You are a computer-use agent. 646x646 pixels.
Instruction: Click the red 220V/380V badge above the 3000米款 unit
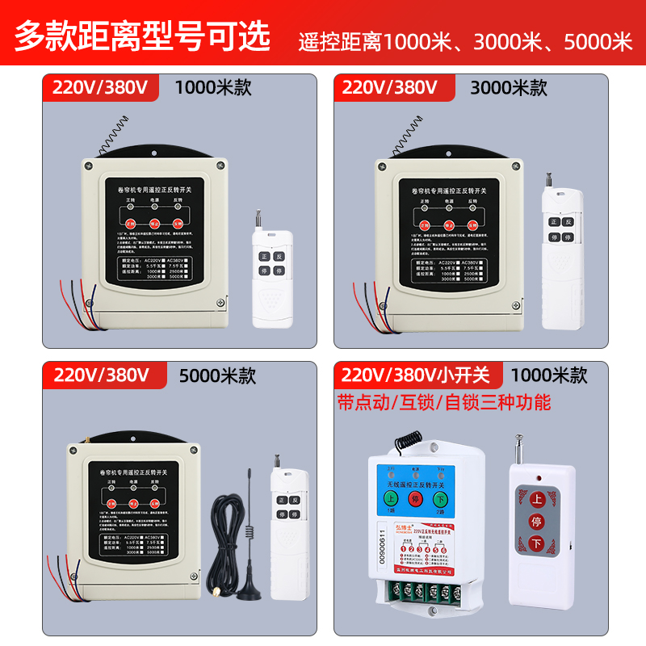tap(390, 86)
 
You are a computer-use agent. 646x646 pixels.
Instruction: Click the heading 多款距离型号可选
tap(141, 36)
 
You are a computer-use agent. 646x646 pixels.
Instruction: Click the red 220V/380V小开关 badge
tap(416, 375)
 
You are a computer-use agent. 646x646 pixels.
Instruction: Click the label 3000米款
tap(509, 86)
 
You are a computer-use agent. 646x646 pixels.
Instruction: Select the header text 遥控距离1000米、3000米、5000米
tap(466, 41)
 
